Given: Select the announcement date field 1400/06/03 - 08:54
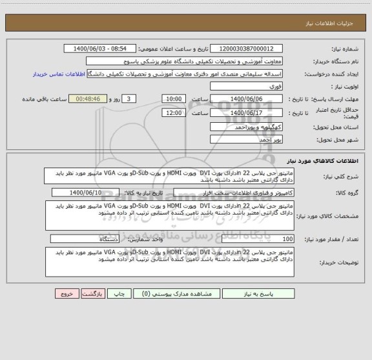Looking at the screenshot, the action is tap(101, 49).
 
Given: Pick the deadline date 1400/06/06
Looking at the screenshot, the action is tap(247, 98).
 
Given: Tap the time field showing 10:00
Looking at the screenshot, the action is tap(173, 98).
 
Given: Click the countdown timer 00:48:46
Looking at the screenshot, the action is tap(87, 98).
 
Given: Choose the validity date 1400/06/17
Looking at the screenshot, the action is tap(247, 112).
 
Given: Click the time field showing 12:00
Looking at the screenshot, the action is tap(173, 112).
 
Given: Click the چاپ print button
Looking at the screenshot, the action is tap(119, 293).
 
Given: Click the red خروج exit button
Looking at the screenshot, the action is tap(65, 293).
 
